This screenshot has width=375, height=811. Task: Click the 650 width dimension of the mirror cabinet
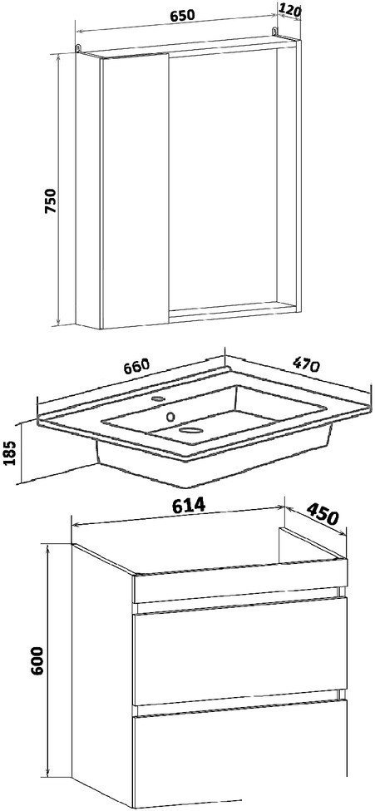183,15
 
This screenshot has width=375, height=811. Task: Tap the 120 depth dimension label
289,9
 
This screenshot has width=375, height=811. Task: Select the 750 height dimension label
51,201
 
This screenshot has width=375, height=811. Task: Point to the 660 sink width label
136,366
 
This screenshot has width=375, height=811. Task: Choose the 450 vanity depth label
323,513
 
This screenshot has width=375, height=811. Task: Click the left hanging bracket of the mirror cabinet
78,47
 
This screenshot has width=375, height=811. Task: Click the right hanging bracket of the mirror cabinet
274,33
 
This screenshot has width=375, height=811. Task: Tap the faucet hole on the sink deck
159,399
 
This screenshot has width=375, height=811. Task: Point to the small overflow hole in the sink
170,415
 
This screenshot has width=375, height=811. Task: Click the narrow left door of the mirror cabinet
136,191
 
